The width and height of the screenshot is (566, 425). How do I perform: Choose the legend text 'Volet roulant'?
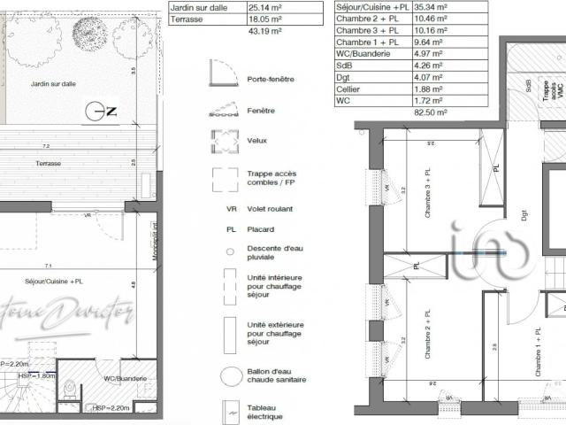[x=271, y=209]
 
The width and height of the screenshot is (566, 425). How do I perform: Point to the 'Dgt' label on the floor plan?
[x=524, y=214]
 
